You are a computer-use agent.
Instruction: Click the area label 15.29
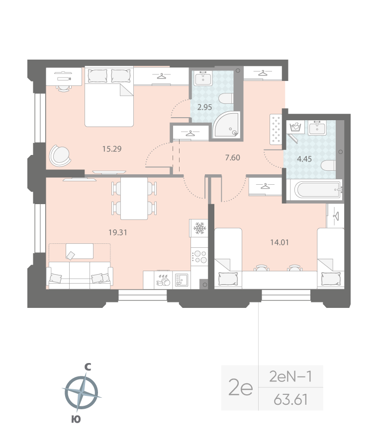[98, 148]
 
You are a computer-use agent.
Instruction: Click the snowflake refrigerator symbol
[199, 228]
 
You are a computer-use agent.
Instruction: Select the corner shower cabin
[226, 124]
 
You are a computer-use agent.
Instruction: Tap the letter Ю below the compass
[76, 420]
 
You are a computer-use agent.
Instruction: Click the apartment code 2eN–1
[291, 377]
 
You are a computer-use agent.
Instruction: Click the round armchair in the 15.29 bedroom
[60, 156]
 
